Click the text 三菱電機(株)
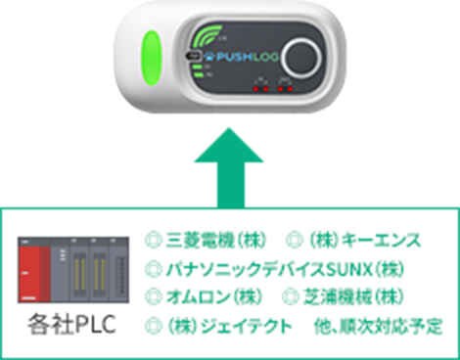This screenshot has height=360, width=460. [x=213, y=239]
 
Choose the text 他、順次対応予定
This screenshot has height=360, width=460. [x=374, y=324]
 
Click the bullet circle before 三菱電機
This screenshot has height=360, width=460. [x=152, y=239]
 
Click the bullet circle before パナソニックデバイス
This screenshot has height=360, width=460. [x=152, y=267]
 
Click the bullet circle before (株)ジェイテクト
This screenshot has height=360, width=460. [x=152, y=324]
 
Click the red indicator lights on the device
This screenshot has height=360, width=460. [x=270, y=86]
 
